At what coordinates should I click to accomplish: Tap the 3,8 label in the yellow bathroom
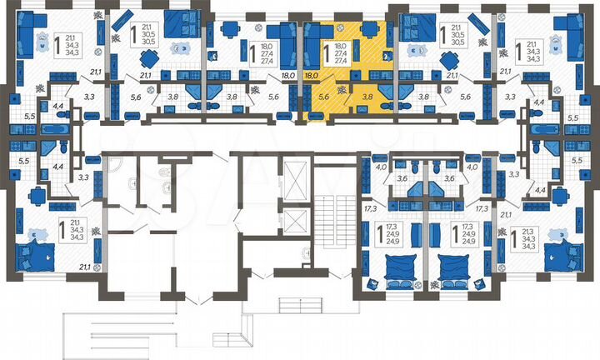367,97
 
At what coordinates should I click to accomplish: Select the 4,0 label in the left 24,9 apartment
382,167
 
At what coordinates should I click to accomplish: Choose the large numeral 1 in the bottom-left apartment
62,228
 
